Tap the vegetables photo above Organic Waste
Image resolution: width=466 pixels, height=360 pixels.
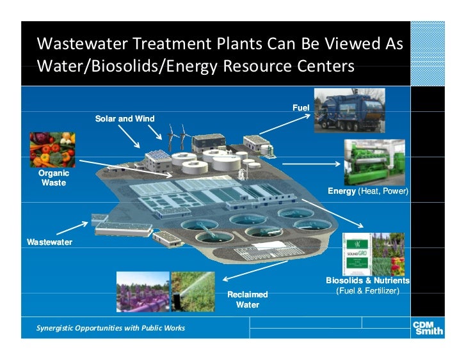click(x=51, y=150)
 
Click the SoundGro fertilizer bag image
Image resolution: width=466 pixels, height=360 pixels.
click(x=362, y=253)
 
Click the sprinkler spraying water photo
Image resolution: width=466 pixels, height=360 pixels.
click(x=193, y=292)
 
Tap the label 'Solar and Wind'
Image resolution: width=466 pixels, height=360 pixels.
click(x=125, y=118)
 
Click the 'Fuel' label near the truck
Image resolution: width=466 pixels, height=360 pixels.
click(x=301, y=107)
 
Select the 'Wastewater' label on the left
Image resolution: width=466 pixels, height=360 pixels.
click(x=49, y=242)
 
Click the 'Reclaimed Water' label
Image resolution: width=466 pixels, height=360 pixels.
click(x=248, y=299)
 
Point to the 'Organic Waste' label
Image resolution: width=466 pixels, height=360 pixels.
click(x=54, y=178)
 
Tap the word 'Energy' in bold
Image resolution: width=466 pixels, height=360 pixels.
click(x=342, y=191)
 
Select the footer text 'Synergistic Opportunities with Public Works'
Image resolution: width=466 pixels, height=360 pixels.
click(x=111, y=328)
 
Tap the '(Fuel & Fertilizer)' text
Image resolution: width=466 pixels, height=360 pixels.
click(x=367, y=291)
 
